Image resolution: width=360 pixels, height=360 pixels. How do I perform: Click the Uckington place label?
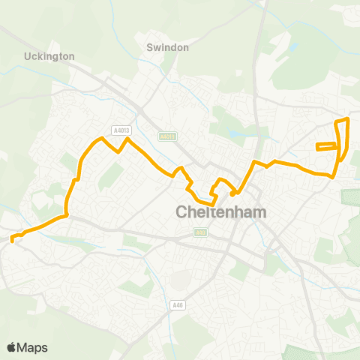tap(49, 55)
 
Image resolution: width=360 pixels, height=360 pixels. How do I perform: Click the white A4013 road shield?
tap(121, 130)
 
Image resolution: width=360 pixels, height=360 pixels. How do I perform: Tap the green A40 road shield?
tap(199, 232)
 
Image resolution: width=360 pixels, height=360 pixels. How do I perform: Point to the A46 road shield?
tap(177, 304)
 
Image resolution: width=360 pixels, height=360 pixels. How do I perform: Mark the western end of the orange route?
tap(13, 240)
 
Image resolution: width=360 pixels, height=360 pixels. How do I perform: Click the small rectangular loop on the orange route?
tap(327, 146)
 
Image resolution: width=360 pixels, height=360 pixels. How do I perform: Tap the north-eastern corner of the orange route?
tap(347, 119)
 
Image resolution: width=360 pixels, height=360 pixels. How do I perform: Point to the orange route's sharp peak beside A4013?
tap(127, 139)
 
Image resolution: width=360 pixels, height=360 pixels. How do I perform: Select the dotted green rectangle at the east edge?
tap(351, 197)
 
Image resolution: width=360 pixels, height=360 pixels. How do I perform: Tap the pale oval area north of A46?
tap(180, 279)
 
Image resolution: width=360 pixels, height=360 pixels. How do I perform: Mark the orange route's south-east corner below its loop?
tap(332, 176)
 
